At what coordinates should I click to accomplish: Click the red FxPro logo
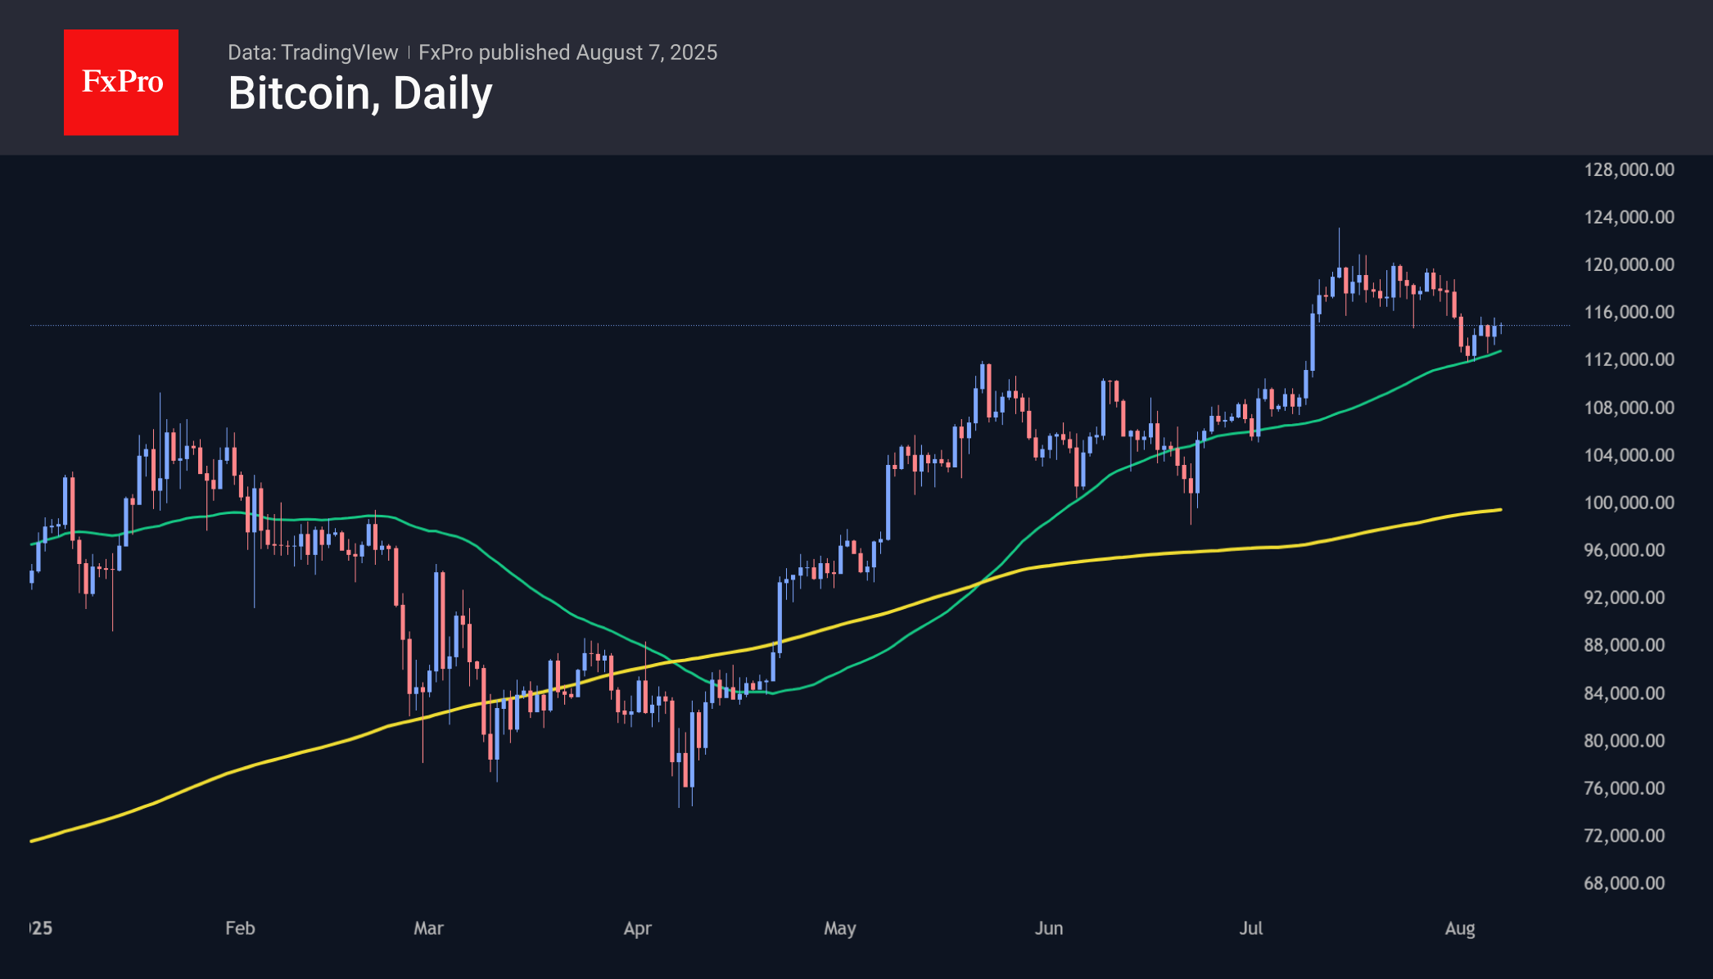coord(121,82)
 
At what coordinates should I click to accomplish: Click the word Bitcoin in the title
coord(300,93)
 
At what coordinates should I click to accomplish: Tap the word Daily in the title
coord(442,93)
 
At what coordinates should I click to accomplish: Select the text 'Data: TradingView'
coord(313,52)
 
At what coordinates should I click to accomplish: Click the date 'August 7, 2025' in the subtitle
coord(646,52)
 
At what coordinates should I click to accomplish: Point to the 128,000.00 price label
coord(1629,169)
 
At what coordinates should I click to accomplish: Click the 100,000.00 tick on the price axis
coord(1629,503)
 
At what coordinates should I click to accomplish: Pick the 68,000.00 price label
coord(1624,883)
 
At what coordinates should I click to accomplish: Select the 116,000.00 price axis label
coord(1629,312)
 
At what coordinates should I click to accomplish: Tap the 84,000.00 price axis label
coord(1624,693)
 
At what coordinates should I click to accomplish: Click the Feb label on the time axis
coord(240,928)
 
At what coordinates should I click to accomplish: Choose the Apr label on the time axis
coord(637,928)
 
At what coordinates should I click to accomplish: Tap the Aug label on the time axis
coord(1460,928)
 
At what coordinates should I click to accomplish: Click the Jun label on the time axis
coord(1048,928)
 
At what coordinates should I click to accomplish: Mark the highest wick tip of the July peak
coord(1340,229)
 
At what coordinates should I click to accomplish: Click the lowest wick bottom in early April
coord(679,806)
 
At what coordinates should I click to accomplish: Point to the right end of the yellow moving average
coord(1500,510)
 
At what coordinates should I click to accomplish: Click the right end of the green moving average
coord(1500,351)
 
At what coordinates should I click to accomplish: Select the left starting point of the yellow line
coord(31,841)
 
